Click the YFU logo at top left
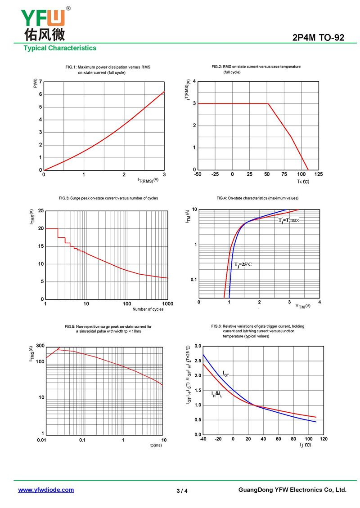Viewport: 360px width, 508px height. coord(44,23)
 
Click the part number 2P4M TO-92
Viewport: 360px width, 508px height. coord(318,38)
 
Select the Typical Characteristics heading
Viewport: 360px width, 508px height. coord(60,48)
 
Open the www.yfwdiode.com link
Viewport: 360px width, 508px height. coord(46,490)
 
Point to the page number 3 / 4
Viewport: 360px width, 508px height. coord(182,491)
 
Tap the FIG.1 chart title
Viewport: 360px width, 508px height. coord(108,70)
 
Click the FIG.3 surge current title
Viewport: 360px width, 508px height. coord(108,198)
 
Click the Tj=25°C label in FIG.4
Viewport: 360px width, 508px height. coord(243,264)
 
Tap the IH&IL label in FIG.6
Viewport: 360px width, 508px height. coord(217,394)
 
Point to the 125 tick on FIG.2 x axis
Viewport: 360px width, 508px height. coord(319,174)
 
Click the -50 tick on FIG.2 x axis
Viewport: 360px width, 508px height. coord(198,174)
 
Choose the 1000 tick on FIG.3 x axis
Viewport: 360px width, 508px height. coord(167,304)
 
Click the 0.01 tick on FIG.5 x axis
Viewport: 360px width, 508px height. coord(41,440)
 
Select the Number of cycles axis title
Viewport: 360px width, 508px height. coord(148,309)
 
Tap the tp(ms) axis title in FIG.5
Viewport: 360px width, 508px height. coord(156,445)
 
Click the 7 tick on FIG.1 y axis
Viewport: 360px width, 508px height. coord(40,82)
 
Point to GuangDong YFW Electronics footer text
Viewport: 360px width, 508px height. coord(292,490)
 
